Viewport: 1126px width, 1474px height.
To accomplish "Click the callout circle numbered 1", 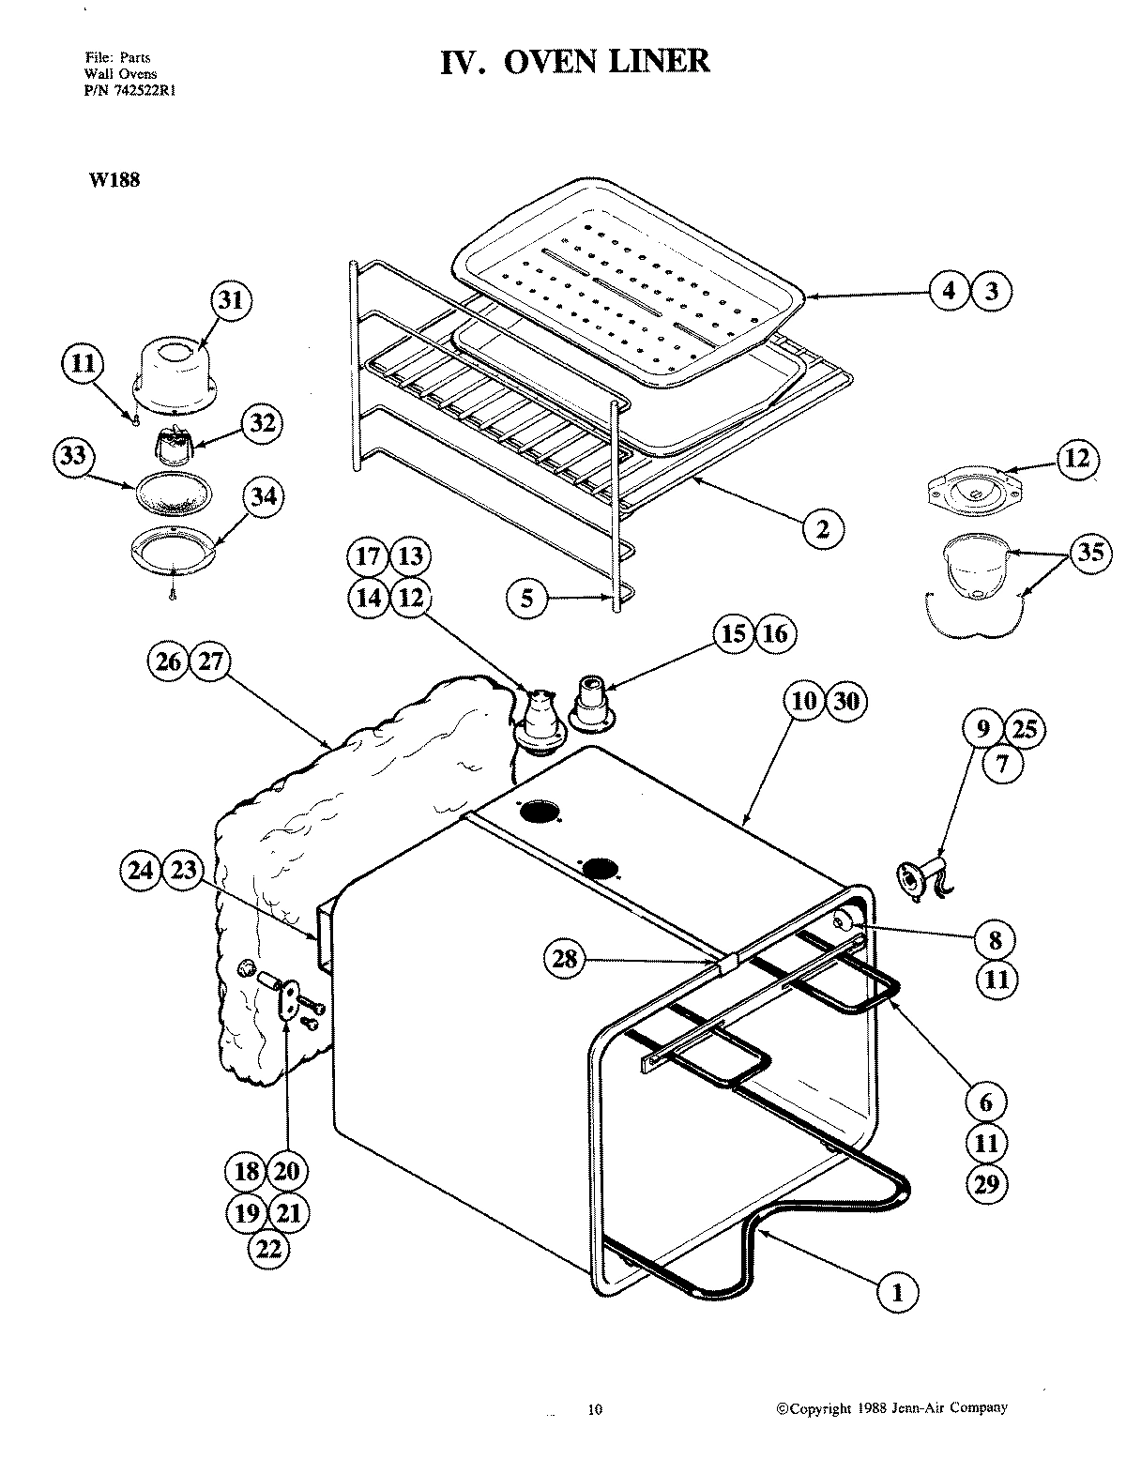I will (897, 1292).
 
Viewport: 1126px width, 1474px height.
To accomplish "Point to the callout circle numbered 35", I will (1090, 552).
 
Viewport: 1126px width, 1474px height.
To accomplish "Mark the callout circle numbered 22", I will (267, 1248).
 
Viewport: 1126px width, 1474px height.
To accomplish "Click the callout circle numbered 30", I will (846, 701).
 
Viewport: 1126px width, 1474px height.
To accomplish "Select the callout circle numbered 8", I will (995, 938).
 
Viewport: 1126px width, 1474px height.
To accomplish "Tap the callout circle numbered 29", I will (987, 1184).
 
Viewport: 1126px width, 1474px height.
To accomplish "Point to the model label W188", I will (114, 180).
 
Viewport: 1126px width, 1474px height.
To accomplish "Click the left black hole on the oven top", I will (539, 812).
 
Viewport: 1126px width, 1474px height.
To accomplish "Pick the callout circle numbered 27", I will (210, 661).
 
